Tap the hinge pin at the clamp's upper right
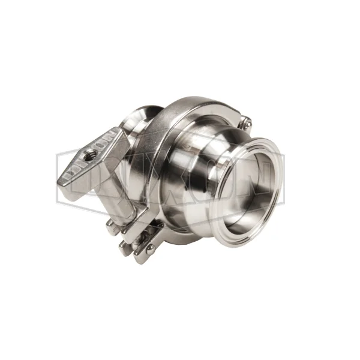(x=245, y=125)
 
